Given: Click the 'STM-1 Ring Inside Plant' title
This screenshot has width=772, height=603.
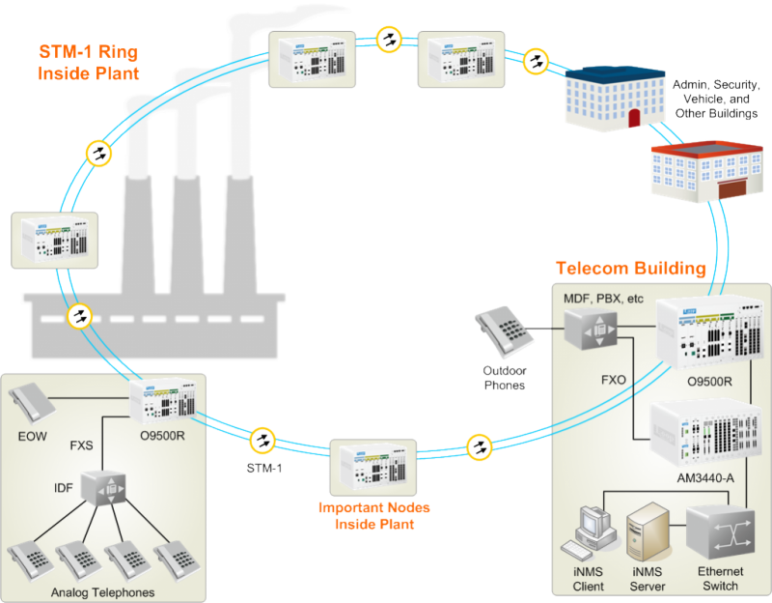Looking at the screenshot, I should tap(88, 61).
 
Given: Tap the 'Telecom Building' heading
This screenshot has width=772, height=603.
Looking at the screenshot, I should tap(631, 268).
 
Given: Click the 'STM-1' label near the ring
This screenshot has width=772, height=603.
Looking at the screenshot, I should tap(260, 467).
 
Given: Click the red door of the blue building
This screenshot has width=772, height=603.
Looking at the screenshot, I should tap(634, 118).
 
